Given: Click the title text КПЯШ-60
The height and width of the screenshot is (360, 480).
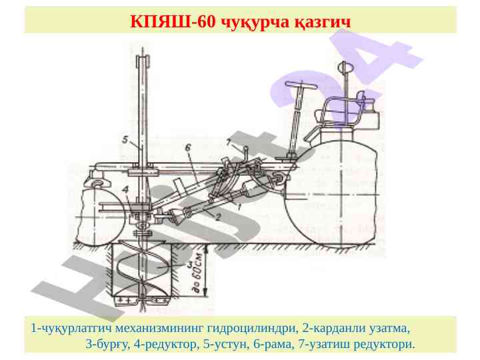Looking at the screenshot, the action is [x=173, y=21].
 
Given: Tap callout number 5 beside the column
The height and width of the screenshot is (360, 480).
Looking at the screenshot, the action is [x=125, y=140].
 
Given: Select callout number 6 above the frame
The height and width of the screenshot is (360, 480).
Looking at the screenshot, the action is [x=187, y=147].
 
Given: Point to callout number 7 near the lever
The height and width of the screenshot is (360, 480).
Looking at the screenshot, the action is [x=229, y=142].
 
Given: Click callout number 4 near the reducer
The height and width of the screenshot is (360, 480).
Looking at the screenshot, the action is [x=125, y=189].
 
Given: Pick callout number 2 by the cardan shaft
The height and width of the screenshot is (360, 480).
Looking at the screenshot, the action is [x=218, y=217].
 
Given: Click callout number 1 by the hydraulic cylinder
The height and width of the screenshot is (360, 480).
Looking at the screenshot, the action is [x=239, y=207].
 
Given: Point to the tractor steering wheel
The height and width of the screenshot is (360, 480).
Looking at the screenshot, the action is [x=300, y=85].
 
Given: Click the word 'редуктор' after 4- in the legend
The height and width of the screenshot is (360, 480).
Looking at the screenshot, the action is [x=170, y=345].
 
